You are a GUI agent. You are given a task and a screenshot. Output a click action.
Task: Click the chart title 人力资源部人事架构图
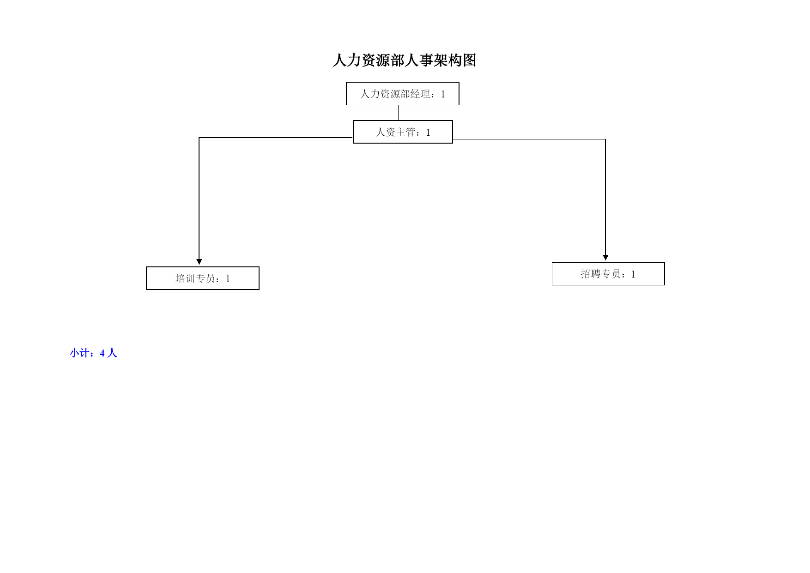tap(404, 60)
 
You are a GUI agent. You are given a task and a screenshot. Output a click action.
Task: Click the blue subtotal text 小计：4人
tap(93, 353)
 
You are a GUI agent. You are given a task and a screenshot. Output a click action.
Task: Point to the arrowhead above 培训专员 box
tap(199, 262)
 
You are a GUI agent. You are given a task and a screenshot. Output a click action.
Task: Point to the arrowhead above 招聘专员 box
tap(605, 258)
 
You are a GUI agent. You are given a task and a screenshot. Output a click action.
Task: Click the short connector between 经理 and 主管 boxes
tap(398, 113)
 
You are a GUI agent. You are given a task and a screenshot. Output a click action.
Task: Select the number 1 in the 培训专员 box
tap(228, 279)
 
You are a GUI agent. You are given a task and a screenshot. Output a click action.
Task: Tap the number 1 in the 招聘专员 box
tap(633, 274)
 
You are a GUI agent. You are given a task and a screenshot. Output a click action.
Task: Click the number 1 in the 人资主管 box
tap(428, 133)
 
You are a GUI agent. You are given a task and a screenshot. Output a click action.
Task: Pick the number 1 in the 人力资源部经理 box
tap(443, 94)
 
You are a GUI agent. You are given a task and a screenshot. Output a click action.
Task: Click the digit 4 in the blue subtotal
tap(103, 354)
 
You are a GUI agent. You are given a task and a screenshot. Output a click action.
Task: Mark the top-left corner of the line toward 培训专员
tap(199, 138)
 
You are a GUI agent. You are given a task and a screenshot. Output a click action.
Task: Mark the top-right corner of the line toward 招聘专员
tap(605, 139)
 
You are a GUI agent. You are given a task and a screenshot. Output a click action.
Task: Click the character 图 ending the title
tap(469, 60)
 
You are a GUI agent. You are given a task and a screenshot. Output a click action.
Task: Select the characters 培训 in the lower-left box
tap(185, 278)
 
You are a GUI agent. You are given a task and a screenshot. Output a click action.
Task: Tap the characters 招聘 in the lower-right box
tap(591, 274)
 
